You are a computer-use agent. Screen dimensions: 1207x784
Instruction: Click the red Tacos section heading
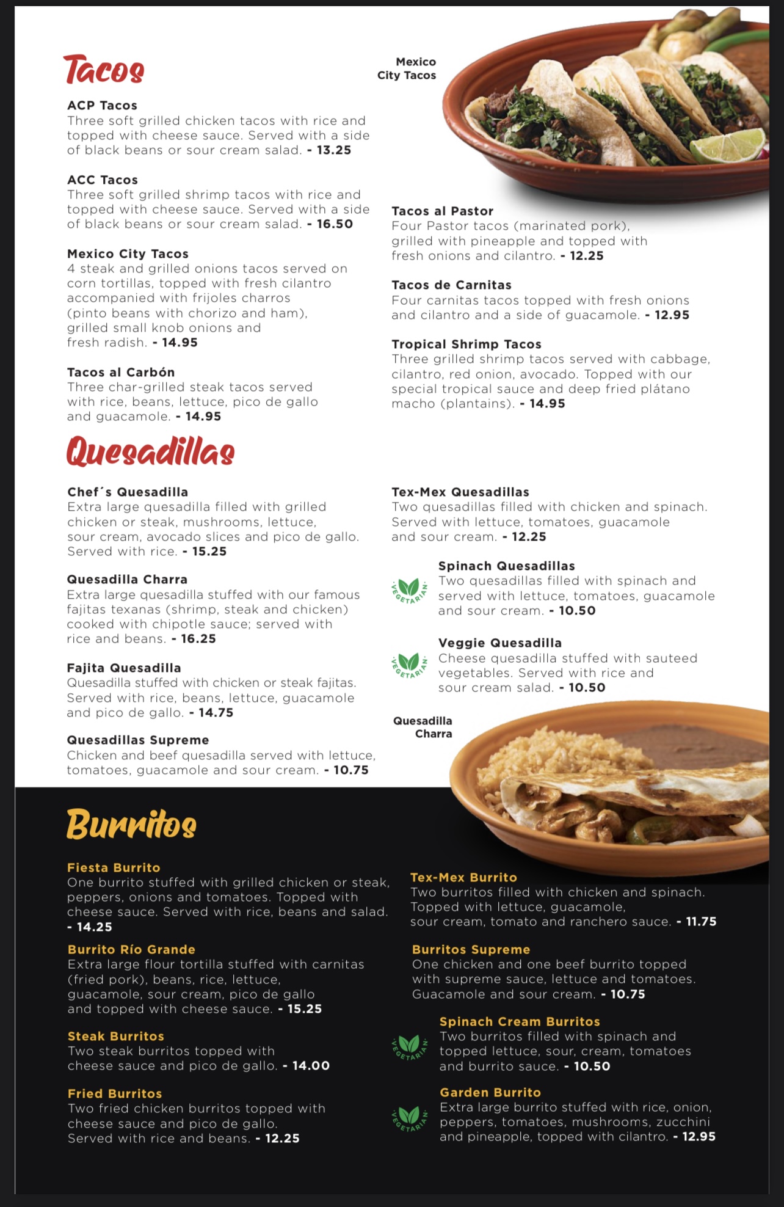pyautogui.click(x=104, y=70)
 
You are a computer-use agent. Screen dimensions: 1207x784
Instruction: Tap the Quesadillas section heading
pyautogui.click(x=150, y=451)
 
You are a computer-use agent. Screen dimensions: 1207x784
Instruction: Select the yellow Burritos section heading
pyautogui.click(x=131, y=824)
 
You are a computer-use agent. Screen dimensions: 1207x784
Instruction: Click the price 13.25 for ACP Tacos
pyautogui.click(x=333, y=150)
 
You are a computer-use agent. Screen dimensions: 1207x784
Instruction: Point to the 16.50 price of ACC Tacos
pyautogui.click(x=335, y=224)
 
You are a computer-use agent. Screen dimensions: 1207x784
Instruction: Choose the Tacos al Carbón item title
pyautogui.click(x=121, y=373)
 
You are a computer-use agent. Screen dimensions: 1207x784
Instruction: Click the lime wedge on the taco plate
pyautogui.click(x=726, y=146)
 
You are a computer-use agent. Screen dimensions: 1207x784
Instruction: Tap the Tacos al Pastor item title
pyautogui.click(x=442, y=211)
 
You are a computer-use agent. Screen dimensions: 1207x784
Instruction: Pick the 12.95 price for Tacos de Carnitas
pyautogui.click(x=672, y=315)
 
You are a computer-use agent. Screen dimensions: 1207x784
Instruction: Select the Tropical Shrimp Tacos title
pyautogui.click(x=466, y=345)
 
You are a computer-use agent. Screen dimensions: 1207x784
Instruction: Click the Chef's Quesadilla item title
pyautogui.click(x=128, y=492)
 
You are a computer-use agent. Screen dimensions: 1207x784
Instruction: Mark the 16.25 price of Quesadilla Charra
pyautogui.click(x=198, y=639)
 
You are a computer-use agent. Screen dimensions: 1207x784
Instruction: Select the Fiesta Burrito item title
pyautogui.click(x=114, y=868)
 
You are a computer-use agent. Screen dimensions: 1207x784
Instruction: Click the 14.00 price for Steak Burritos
pyautogui.click(x=311, y=1066)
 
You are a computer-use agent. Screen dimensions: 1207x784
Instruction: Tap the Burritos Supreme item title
pyautogui.click(x=471, y=950)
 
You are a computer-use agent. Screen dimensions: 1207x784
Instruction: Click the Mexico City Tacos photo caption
pyautogui.click(x=407, y=68)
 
